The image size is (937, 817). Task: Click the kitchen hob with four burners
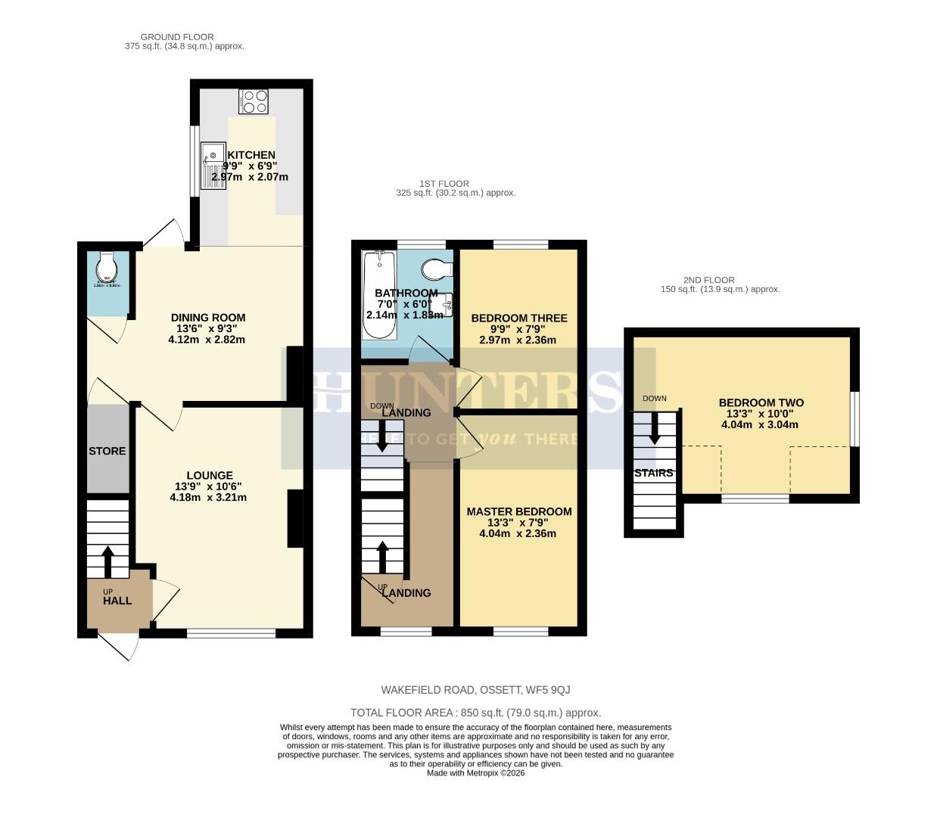click(254, 101)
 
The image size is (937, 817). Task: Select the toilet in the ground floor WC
click(107, 268)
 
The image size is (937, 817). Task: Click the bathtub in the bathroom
click(375, 296)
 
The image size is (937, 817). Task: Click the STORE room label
click(107, 451)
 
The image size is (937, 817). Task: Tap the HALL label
click(117, 601)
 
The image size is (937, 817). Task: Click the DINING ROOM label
click(207, 318)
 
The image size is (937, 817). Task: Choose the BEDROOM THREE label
click(518, 318)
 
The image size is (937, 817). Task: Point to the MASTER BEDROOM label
click(518, 511)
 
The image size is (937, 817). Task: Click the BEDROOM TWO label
click(761, 403)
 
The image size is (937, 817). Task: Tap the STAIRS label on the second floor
click(653, 473)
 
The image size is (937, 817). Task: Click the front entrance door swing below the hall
click(119, 645)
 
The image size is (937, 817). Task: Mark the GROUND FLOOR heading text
click(177, 37)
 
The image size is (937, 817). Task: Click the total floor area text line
click(475, 713)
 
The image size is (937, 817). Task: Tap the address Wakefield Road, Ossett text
click(475, 690)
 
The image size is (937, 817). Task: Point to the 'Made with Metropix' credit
click(475, 773)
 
